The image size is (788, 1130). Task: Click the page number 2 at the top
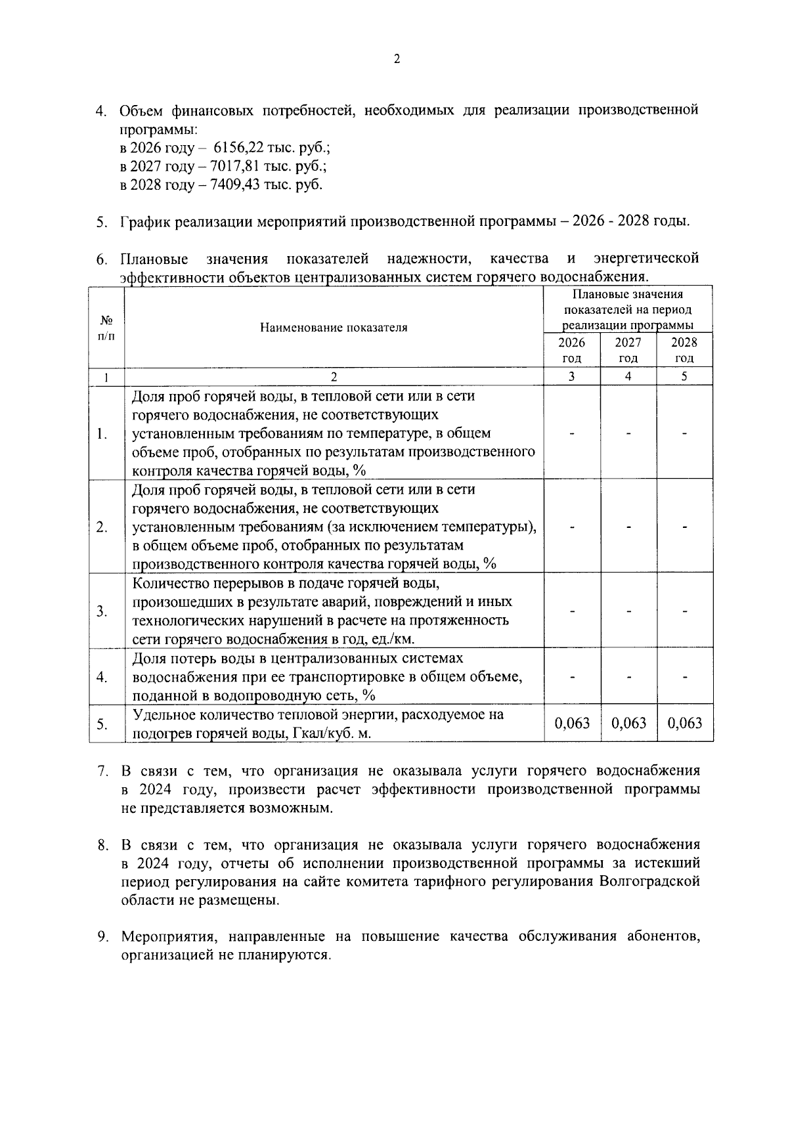click(396, 59)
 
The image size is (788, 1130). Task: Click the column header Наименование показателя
click(334, 327)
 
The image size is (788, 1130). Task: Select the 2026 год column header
click(571, 350)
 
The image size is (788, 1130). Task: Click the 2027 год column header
click(628, 350)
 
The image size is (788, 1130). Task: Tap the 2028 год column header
click(684, 350)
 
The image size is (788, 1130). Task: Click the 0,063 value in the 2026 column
click(572, 723)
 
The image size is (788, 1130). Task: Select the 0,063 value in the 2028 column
click(685, 723)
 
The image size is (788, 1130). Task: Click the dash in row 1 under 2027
click(628, 433)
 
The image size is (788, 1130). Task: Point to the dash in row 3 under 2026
click(572, 611)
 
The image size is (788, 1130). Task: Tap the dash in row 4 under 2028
click(685, 677)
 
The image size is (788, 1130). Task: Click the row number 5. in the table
click(102, 724)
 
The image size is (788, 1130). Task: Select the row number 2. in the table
click(102, 527)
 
